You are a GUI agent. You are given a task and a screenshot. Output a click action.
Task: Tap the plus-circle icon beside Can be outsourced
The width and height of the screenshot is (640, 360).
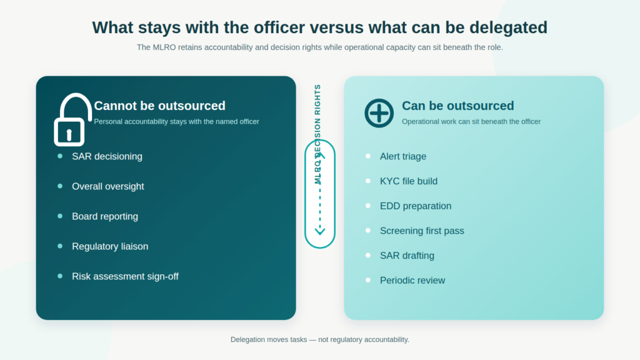click(379, 113)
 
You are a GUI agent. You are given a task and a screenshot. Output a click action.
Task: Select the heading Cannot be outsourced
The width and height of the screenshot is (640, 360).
click(159, 106)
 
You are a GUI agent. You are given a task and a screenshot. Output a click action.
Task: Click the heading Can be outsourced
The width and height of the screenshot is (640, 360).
click(458, 106)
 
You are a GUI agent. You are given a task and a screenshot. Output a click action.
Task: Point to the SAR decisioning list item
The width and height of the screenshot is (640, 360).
click(107, 156)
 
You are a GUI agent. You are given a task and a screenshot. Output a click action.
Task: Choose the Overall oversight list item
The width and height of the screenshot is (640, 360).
click(107, 186)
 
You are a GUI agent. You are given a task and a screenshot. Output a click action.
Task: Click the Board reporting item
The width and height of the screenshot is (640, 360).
click(105, 216)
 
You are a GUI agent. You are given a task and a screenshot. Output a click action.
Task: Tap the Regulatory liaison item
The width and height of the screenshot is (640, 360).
click(110, 246)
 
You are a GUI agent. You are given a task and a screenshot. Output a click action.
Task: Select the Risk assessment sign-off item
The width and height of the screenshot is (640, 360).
click(125, 276)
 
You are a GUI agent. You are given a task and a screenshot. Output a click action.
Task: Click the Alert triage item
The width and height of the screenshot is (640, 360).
click(403, 156)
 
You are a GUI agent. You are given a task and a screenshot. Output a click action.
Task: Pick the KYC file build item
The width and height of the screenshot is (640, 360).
click(409, 181)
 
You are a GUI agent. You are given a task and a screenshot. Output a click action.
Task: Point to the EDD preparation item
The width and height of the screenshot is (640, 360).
click(416, 206)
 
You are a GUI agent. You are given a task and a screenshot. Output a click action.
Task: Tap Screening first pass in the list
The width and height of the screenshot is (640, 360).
click(422, 231)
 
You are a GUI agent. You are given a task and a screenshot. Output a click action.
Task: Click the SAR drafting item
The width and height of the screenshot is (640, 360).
click(407, 256)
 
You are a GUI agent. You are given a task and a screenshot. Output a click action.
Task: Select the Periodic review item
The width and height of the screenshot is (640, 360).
click(412, 281)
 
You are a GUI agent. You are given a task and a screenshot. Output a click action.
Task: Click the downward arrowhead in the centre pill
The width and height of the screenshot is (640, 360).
click(320, 231)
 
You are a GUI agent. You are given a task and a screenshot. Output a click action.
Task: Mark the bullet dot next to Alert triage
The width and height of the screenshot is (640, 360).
click(367, 156)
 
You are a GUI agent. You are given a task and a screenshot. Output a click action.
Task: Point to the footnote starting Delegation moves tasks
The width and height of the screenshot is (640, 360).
click(319, 339)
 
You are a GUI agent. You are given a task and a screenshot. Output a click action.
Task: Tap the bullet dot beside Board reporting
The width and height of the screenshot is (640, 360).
click(60, 216)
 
